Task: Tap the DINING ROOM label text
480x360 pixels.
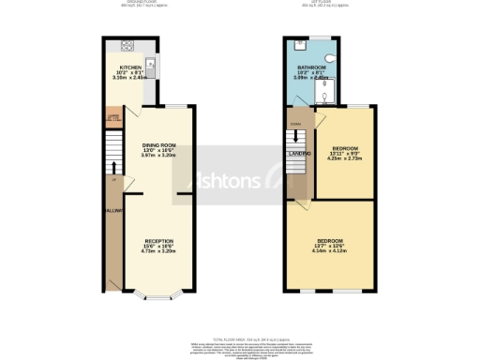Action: click(x=157, y=145)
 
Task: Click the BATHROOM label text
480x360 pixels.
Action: click(x=311, y=67)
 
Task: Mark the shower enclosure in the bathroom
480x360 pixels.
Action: click(x=322, y=90)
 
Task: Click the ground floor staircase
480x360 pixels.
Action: click(x=113, y=149)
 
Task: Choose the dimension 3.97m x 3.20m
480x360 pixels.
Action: click(x=157, y=156)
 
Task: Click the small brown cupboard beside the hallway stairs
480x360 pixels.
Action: click(x=112, y=119)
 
